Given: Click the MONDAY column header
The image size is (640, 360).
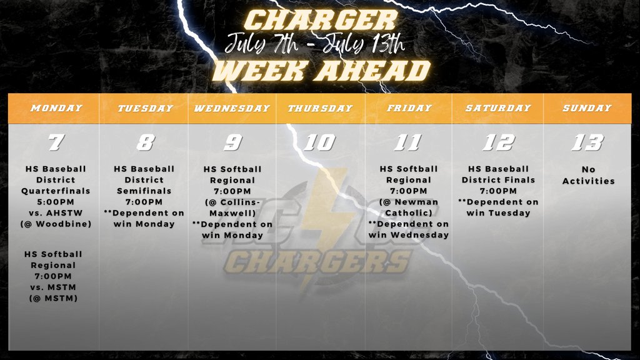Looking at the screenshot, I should [x=56, y=108].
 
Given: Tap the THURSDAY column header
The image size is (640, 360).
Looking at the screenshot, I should [x=320, y=108].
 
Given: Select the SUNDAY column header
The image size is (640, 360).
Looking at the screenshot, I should [x=587, y=108].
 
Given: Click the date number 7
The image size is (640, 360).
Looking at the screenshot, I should [x=56, y=143].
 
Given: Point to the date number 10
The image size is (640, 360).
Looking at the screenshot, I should [x=320, y=143].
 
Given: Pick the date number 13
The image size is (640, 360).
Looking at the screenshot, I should [x=587, y=143].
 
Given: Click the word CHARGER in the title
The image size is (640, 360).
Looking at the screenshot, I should [x=319, y=20].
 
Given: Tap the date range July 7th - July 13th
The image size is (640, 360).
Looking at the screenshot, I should [x=316, y=44].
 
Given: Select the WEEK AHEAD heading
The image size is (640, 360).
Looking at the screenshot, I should [x=321, y=71].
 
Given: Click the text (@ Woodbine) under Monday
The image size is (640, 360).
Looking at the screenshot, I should [x=56, y=224].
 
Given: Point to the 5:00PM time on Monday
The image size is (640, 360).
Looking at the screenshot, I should [x=56, y=202].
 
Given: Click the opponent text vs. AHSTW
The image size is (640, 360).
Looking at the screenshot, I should [x=56, y=213].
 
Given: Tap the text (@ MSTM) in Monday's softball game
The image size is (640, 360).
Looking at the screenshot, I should [x=56, y=298].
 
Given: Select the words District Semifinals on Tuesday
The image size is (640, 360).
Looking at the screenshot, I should [x=145, y=186].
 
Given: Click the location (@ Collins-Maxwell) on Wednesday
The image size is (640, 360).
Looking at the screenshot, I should [x=232, y=207].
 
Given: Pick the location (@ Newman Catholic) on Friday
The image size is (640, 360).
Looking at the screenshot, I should [x=409, y=207].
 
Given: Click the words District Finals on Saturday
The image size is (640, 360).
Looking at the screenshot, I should [x=498, y=180].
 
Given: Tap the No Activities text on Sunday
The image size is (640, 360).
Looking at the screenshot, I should [x=587, y=175].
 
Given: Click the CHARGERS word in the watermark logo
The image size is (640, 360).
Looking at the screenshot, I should [x=319, y=262].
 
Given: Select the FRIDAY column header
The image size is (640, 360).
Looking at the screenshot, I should [x=409, y=108].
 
